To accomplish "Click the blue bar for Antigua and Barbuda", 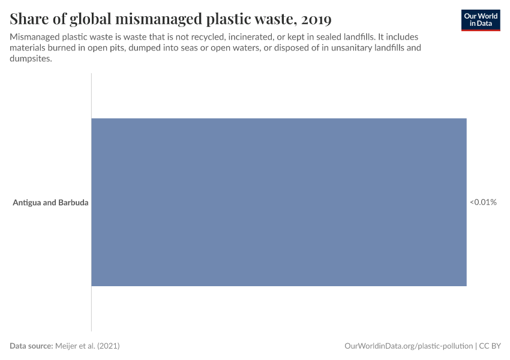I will click(278, 202).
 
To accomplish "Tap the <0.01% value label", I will click(483, 202).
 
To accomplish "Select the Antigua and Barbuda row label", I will click(50, 203).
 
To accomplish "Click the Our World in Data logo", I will click(481, 20).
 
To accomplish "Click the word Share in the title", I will click(29, 19).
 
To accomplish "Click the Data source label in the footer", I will click(31, 346).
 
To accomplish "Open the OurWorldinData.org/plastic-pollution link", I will click(409, 346).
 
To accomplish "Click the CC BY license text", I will click(490, 346).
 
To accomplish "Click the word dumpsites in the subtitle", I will click(31, 58).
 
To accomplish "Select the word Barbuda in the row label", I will click(73, 203).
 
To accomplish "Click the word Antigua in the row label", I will click(27, 203).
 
